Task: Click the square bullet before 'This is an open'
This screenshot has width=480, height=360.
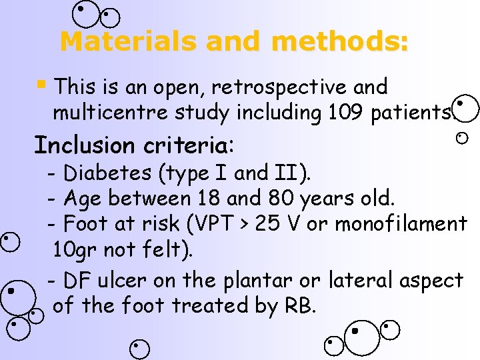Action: [x=41, y=85]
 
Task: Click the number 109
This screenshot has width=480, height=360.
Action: [x=345, y=113]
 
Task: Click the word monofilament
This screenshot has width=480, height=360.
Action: [x=401, y=224]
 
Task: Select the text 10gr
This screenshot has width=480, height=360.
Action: [x=75, y=250]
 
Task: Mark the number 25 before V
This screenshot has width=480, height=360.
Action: [x=269, y=224]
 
